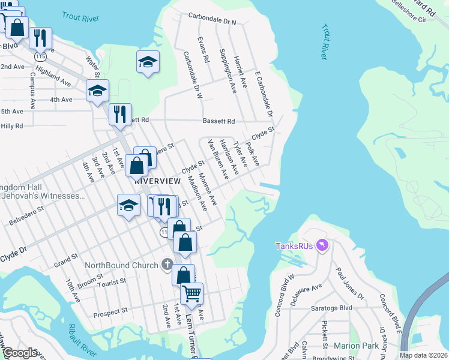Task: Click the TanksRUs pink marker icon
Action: [322, 245]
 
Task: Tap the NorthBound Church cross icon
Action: [167, 265]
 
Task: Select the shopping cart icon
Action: [191, 293]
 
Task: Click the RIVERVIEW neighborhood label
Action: [158, 181]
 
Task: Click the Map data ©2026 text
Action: [423, 355]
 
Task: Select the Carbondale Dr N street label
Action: [212, 19]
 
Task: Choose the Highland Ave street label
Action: [53, 76]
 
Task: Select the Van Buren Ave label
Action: [218, 159]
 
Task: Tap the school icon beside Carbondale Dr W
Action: [148, 61]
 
